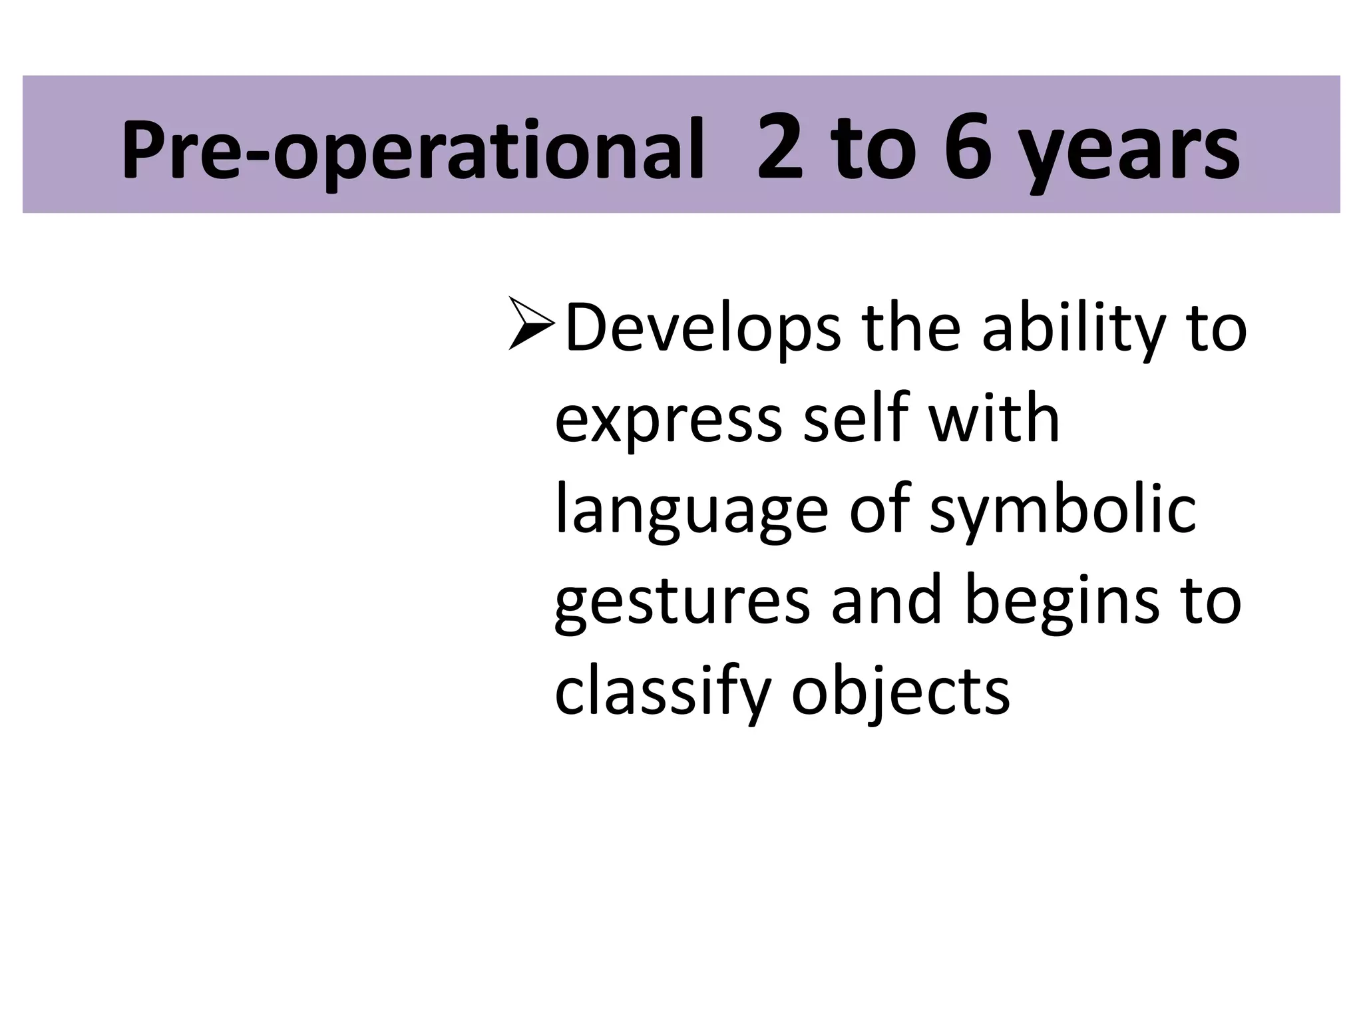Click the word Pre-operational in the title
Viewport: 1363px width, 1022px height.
pos(413,150)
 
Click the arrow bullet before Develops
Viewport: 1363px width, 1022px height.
pos(531,324)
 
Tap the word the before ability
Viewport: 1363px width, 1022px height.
pos(912,327)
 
